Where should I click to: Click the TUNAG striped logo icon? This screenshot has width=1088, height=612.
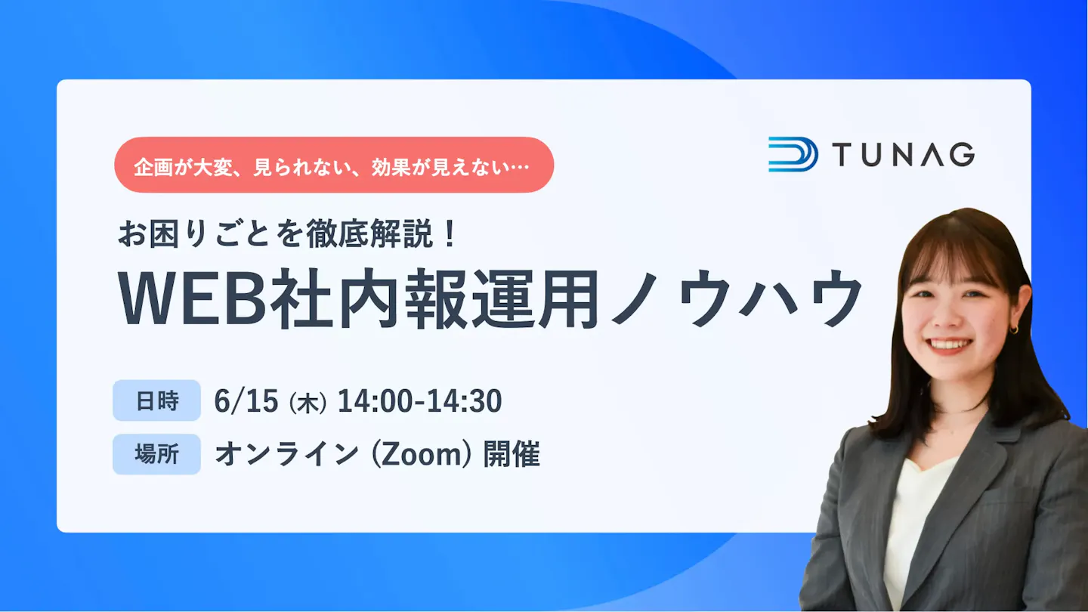(x=793, y=154)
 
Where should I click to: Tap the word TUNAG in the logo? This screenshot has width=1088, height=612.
(x=904, y=154)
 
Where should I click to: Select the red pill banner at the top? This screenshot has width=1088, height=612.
(x=334, y=165)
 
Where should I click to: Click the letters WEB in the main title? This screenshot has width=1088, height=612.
(x=193, y=298)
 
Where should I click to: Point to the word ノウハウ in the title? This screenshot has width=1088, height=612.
(x=736, y=298)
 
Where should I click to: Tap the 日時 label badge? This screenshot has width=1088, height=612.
(x=157, y=400)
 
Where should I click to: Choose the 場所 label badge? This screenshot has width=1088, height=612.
(x=157, y=455)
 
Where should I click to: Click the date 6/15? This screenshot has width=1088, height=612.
(x=246, y=400)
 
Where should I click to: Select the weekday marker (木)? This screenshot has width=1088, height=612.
(x=308, y=403)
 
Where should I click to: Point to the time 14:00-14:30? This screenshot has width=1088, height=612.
(x=419, y=400)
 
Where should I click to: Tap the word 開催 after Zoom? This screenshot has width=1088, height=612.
(x=512, y=455)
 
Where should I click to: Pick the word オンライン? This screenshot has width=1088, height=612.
(x=286, y=455)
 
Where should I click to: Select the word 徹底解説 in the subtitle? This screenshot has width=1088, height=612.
(x=369, y=233)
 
